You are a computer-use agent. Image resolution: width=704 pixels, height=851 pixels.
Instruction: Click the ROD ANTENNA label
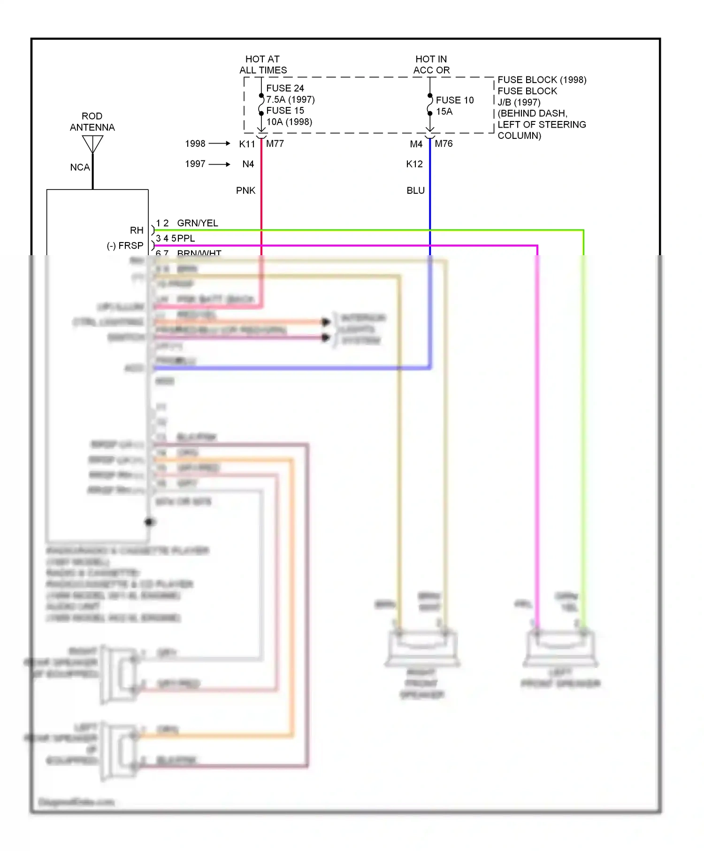(x=92, y=122)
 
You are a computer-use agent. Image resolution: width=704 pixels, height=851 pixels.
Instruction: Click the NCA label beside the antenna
(x=79, y=167)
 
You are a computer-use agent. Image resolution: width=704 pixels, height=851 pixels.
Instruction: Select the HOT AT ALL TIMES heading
(x=263, y=65)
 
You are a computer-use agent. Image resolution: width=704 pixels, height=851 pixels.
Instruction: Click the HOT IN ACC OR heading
(x=431, y=65)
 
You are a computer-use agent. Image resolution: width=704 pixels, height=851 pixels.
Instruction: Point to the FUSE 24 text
(x=285, y=88)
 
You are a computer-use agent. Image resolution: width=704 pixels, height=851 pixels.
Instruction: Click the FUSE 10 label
(x=454, y=100)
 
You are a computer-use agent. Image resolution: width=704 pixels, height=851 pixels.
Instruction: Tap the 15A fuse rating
(x=444, y=112)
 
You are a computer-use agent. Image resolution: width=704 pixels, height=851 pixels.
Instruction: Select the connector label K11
(x=247, y=144)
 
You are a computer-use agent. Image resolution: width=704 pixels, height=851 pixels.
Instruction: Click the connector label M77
(x=275, y=144)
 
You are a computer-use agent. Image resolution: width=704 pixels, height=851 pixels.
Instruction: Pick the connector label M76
(x=444, y=144)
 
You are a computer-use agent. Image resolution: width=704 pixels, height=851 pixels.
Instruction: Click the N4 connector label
(x=248, y=164)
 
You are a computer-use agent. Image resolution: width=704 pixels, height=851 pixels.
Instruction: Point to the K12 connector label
(x=414, y=164)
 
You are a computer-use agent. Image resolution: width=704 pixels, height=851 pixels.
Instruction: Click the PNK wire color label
(x=245, y=190)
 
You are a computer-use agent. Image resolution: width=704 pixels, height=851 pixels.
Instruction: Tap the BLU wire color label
(x=415, y=190)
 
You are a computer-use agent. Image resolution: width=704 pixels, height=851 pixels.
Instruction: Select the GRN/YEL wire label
(x=197, y=223)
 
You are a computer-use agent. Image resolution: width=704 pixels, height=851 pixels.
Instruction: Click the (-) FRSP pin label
(x=125, y=246)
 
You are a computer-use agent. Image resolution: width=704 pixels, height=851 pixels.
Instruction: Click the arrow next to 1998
(x=220, y=144)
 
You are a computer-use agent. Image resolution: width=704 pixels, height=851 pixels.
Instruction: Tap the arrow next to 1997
(x=220, y=164)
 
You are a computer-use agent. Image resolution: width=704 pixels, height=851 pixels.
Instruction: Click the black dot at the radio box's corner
(x=150, y=522)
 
